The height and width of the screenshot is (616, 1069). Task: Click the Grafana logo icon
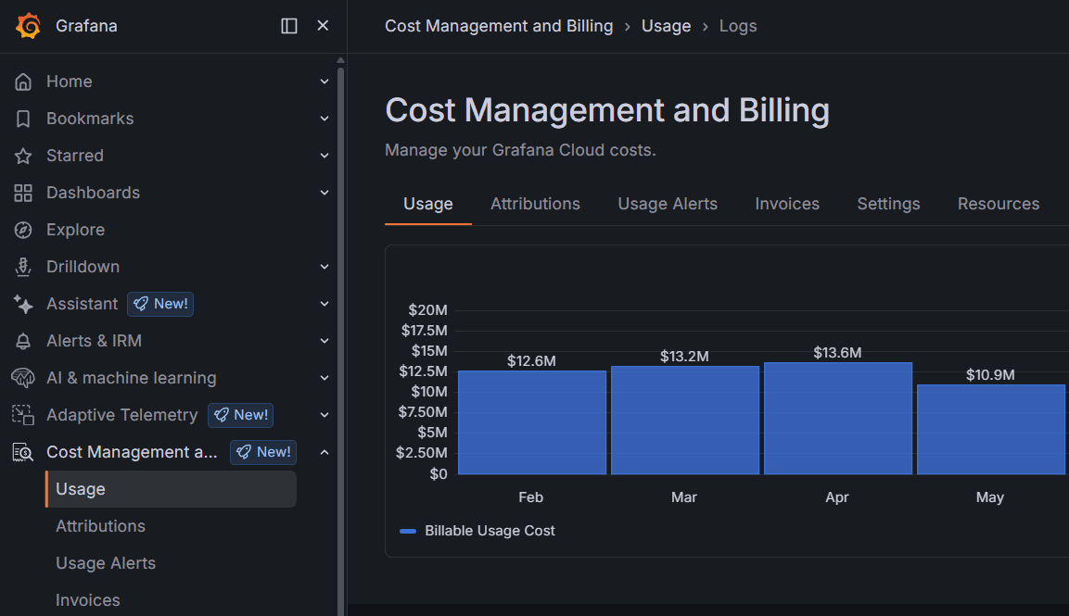point(28,26)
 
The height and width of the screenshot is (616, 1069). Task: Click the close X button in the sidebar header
point(323,26)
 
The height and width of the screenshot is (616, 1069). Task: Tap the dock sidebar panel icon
point(289,26)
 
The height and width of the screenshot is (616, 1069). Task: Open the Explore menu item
point(75,230)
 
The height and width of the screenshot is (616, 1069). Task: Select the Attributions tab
point(535,204)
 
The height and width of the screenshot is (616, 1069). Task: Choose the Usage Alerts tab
point(668,204)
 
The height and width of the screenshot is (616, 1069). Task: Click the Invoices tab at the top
point(787,204)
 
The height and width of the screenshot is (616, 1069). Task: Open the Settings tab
point(888,204)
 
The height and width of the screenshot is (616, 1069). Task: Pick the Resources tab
point(998,204)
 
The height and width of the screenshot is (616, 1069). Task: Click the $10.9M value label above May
point(990,375)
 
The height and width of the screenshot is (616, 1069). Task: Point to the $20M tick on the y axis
point(427,310)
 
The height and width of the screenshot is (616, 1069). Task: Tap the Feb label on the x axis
point(531,497)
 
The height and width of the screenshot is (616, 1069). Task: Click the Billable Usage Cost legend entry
point(490,531)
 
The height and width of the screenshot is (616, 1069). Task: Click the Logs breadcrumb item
point(738,26)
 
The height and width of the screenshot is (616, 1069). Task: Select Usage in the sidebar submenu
point(81,489)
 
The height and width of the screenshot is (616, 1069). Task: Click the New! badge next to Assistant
point(160,304)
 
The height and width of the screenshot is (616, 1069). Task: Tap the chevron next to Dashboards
point(325,193)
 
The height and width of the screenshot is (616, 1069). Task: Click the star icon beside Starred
point(23,156)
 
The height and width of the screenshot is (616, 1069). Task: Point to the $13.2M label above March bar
point(684,357)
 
